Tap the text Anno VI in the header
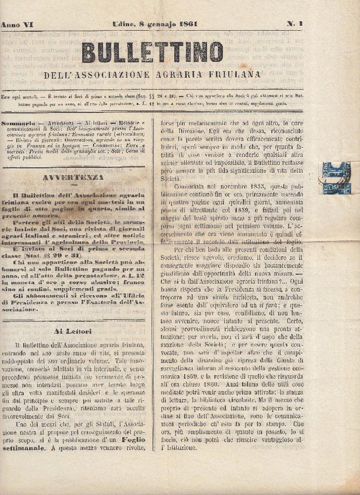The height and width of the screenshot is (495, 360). click(x=16, y=24)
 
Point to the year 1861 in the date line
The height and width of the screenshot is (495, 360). click(x=186, y=24)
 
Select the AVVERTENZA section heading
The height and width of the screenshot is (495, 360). click(x=73, y=177)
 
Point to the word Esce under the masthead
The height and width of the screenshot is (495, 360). click(x=8, y=96)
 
